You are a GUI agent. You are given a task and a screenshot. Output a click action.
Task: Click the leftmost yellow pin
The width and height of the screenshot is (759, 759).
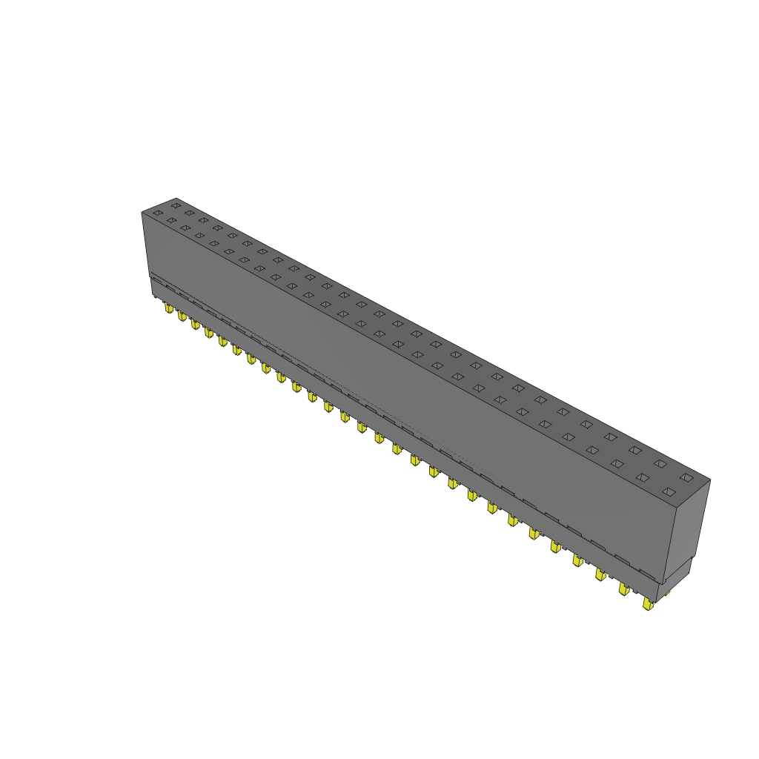tap(169, 308)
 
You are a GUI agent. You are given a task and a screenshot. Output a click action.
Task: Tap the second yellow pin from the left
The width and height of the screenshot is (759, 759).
tap(182, 316)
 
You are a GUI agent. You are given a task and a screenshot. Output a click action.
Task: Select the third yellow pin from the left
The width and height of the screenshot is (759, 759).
tap(195, 325)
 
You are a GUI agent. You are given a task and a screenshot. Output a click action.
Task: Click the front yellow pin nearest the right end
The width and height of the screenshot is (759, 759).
tap(648, 605)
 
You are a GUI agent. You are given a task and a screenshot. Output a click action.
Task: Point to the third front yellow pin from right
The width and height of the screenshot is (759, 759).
tap(600, 574)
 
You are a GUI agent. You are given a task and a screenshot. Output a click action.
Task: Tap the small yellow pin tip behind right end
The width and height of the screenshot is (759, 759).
tap(665, 593)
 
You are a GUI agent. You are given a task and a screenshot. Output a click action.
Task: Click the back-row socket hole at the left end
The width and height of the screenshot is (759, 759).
tap(176, 205)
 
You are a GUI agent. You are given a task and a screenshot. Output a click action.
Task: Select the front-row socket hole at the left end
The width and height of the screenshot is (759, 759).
tap(157, 214)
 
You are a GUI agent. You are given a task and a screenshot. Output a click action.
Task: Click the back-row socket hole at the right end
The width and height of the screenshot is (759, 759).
tap(686, 477)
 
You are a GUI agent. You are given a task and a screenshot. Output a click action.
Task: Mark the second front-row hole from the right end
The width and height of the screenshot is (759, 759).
tap(641, 477)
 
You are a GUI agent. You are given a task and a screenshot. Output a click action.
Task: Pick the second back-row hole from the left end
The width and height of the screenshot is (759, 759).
tap(190, 213)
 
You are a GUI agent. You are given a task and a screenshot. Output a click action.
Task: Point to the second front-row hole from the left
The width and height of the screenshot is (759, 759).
tap(171, 221)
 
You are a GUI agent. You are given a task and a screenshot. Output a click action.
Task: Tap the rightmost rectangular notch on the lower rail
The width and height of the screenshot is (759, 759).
tap(647, 575)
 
